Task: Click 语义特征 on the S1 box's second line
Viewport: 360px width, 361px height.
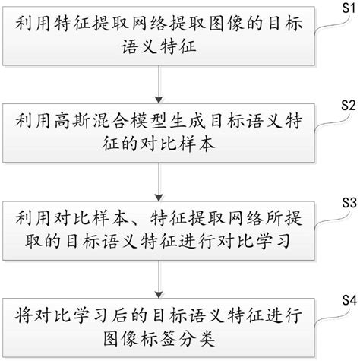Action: point(157,47)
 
